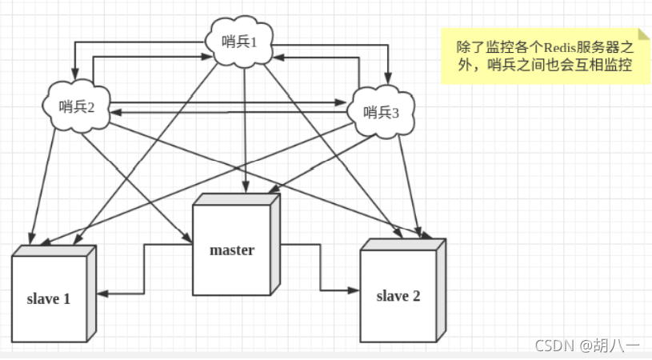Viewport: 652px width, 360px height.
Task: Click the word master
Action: pyautogui.click(x=232, y=250)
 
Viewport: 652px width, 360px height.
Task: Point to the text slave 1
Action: pyautogui.click(x=48, y=299)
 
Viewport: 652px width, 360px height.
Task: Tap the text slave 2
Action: pyautogui.click(x=398, y=295)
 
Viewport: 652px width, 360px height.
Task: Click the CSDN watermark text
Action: pyautogui.click(x=553, y=346)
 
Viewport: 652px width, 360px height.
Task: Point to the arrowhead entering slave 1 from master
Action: pyautogui.click(x=104, y=294)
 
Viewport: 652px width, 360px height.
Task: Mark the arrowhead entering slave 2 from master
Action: pyautogui.click(x=354, y=289)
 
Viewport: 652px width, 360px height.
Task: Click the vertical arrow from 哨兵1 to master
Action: pyautogui.click(x=243, y=128)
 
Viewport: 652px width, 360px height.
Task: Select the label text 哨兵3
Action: pyautogui.click(x=382, y=111)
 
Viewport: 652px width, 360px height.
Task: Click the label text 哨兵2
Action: pyautogui.click(x=77, y=107)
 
